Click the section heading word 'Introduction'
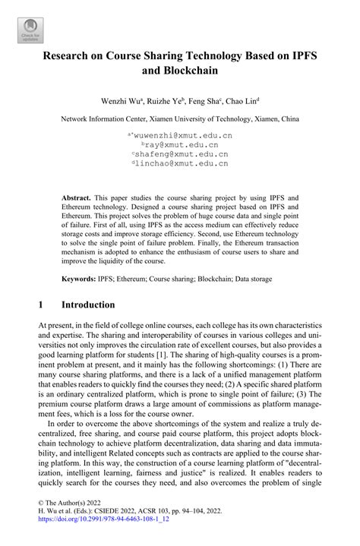point(89,305)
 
